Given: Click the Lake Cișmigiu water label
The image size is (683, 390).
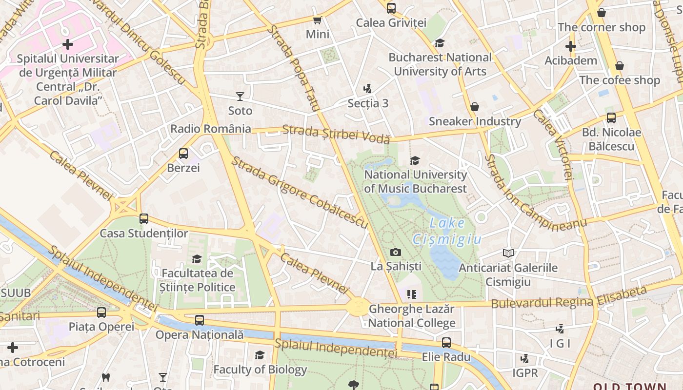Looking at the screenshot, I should (x=447, y=231).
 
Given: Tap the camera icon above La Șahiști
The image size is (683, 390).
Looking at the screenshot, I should (x=396, y=252).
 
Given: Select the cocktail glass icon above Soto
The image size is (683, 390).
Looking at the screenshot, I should (x=240, y=96).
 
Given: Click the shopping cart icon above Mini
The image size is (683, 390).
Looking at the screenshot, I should (x=318, y=20).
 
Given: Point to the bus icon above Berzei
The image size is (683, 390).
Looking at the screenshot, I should (x=183, y=154).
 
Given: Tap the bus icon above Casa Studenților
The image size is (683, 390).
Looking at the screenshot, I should (x=144, y=219).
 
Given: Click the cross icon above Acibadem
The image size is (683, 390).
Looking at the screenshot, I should (x=571, y=46).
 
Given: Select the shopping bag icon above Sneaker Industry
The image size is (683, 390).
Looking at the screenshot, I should (x=474, y=107).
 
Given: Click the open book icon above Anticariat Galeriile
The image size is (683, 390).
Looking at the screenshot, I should (x=508, y=253).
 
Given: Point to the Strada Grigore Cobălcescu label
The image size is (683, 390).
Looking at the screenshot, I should (x=299, y=192).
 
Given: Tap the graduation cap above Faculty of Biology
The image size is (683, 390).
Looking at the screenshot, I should (x=260, y=355).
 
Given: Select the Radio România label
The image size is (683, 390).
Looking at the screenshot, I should (x=210, y=129).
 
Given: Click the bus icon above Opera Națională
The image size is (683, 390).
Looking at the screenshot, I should (x=200, y=320).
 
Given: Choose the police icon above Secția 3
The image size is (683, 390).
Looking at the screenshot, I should (x=368, y=89).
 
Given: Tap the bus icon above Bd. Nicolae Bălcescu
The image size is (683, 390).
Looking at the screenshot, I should (x=611, y=117).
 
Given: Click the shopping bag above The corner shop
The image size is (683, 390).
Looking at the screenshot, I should (x=602, y=13).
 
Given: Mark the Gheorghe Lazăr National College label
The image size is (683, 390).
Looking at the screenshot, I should (x=412, y=316).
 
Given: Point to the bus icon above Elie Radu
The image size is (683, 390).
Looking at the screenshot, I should (x=446, y=342).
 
